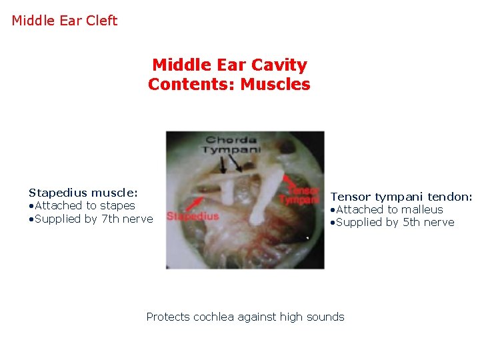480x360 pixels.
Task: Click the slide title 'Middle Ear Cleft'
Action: click(x=65, y=21)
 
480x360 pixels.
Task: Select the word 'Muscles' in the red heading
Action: click(x=275, y=85)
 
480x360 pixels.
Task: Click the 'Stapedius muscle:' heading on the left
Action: click(x=83, y=193)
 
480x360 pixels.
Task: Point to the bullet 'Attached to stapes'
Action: click(x=85, y=205)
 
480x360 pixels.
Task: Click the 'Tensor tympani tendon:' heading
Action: click(x=401, y=197)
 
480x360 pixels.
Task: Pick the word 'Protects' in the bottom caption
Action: click(x=168, y=317)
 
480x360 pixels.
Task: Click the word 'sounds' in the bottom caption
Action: click(x=326, y=317)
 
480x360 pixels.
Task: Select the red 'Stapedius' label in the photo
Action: click(x=193, y=216)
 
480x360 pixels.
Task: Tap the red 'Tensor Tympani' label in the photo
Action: click(x=300, y=194)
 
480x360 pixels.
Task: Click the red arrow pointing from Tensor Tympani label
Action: click(x=288, y=180)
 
